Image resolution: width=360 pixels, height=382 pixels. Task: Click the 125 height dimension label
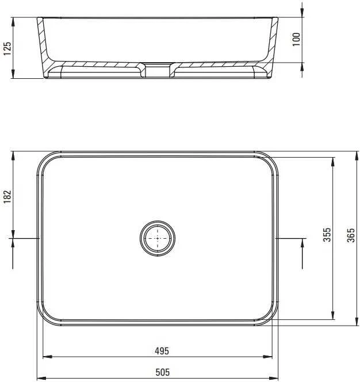pos(7,48)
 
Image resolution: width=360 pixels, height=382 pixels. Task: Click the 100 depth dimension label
pos(296,39)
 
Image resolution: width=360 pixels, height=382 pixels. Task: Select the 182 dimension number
pos(7,197)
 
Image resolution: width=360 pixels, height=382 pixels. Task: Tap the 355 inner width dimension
pos(327,235)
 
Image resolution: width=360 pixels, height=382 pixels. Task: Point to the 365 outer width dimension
pos(351,235)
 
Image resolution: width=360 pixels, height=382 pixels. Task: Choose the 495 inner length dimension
pos(162,351)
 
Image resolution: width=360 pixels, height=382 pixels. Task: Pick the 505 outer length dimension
pos(163,372)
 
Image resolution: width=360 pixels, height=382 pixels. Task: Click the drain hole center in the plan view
pos(158,238)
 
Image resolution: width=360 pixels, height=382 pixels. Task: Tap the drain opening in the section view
pos(158,70)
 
